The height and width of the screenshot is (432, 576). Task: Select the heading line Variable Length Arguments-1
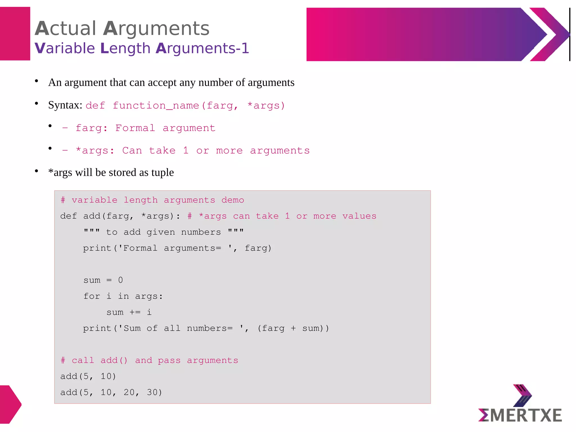pyautogui.click(x=142, y=48)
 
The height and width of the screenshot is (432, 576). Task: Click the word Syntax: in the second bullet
pyautogui.click(x=65, y=105)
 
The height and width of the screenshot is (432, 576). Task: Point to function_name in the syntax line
pyautogui.click(x=156, y=106)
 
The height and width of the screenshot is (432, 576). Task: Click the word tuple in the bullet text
pyautogui.click(x=162, y=172)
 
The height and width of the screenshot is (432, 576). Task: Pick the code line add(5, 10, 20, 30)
pyautogui.click(x=111, y=392)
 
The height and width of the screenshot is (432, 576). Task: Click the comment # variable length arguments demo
pyautogui.click(x=152, y=200)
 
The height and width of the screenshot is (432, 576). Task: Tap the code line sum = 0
pyautogui.click(x=103, y=280)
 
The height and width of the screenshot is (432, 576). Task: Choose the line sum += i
pyautogui.click(x=129, y=312)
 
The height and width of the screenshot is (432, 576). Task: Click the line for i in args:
pyautogui.click(x=123, y=296)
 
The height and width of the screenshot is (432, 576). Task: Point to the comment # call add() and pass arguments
pyautogui.click(x=149, y=360)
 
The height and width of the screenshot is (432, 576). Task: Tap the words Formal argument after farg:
pyautogui.click(x=165, y=128)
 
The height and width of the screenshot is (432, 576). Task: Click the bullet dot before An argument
pyautogui.click(x=37, y=81)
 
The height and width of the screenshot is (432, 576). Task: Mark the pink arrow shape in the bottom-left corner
pyautogui.click(x=10, y=404)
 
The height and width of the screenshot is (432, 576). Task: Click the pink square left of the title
pyautogui.click(x=15, y=34)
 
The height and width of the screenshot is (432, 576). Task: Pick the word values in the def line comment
pyautogui.click(x=359, y=216)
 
